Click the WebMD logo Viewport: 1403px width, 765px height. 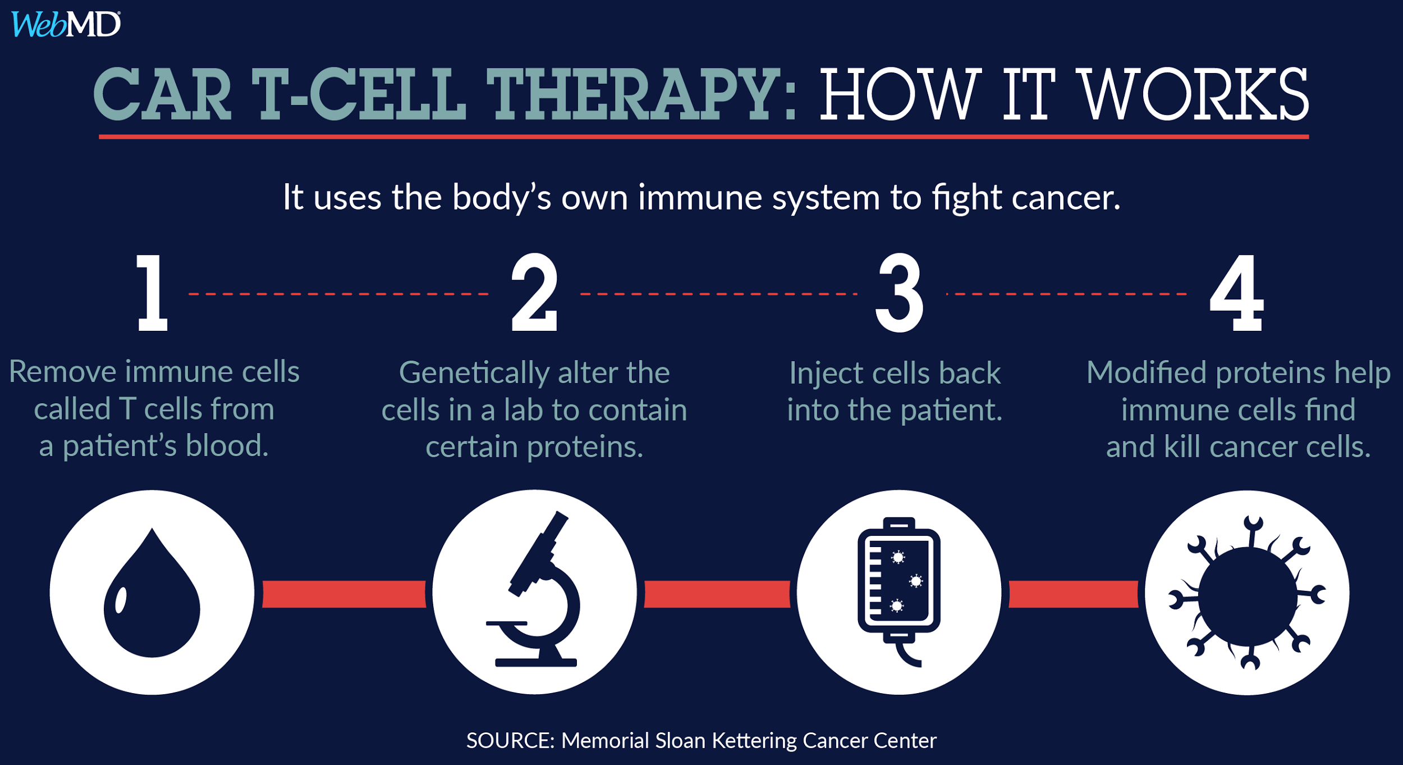click(66, 24)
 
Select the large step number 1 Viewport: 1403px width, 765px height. click(152, 293)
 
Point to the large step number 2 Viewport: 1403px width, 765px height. click(534, 292)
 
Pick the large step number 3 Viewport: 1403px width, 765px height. click(899, 293)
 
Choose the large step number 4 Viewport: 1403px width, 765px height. click(1237, 293)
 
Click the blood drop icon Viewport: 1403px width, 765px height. click(152, 593)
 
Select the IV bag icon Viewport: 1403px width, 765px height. click(899, 591)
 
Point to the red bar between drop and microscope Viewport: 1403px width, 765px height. click(344, 594)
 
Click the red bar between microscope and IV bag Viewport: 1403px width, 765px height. click(717, 594)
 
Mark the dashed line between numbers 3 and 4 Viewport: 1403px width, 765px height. click(1066, 294)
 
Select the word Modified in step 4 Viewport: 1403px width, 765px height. click(1147, 372)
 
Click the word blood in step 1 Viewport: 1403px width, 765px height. click(227, 445)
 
